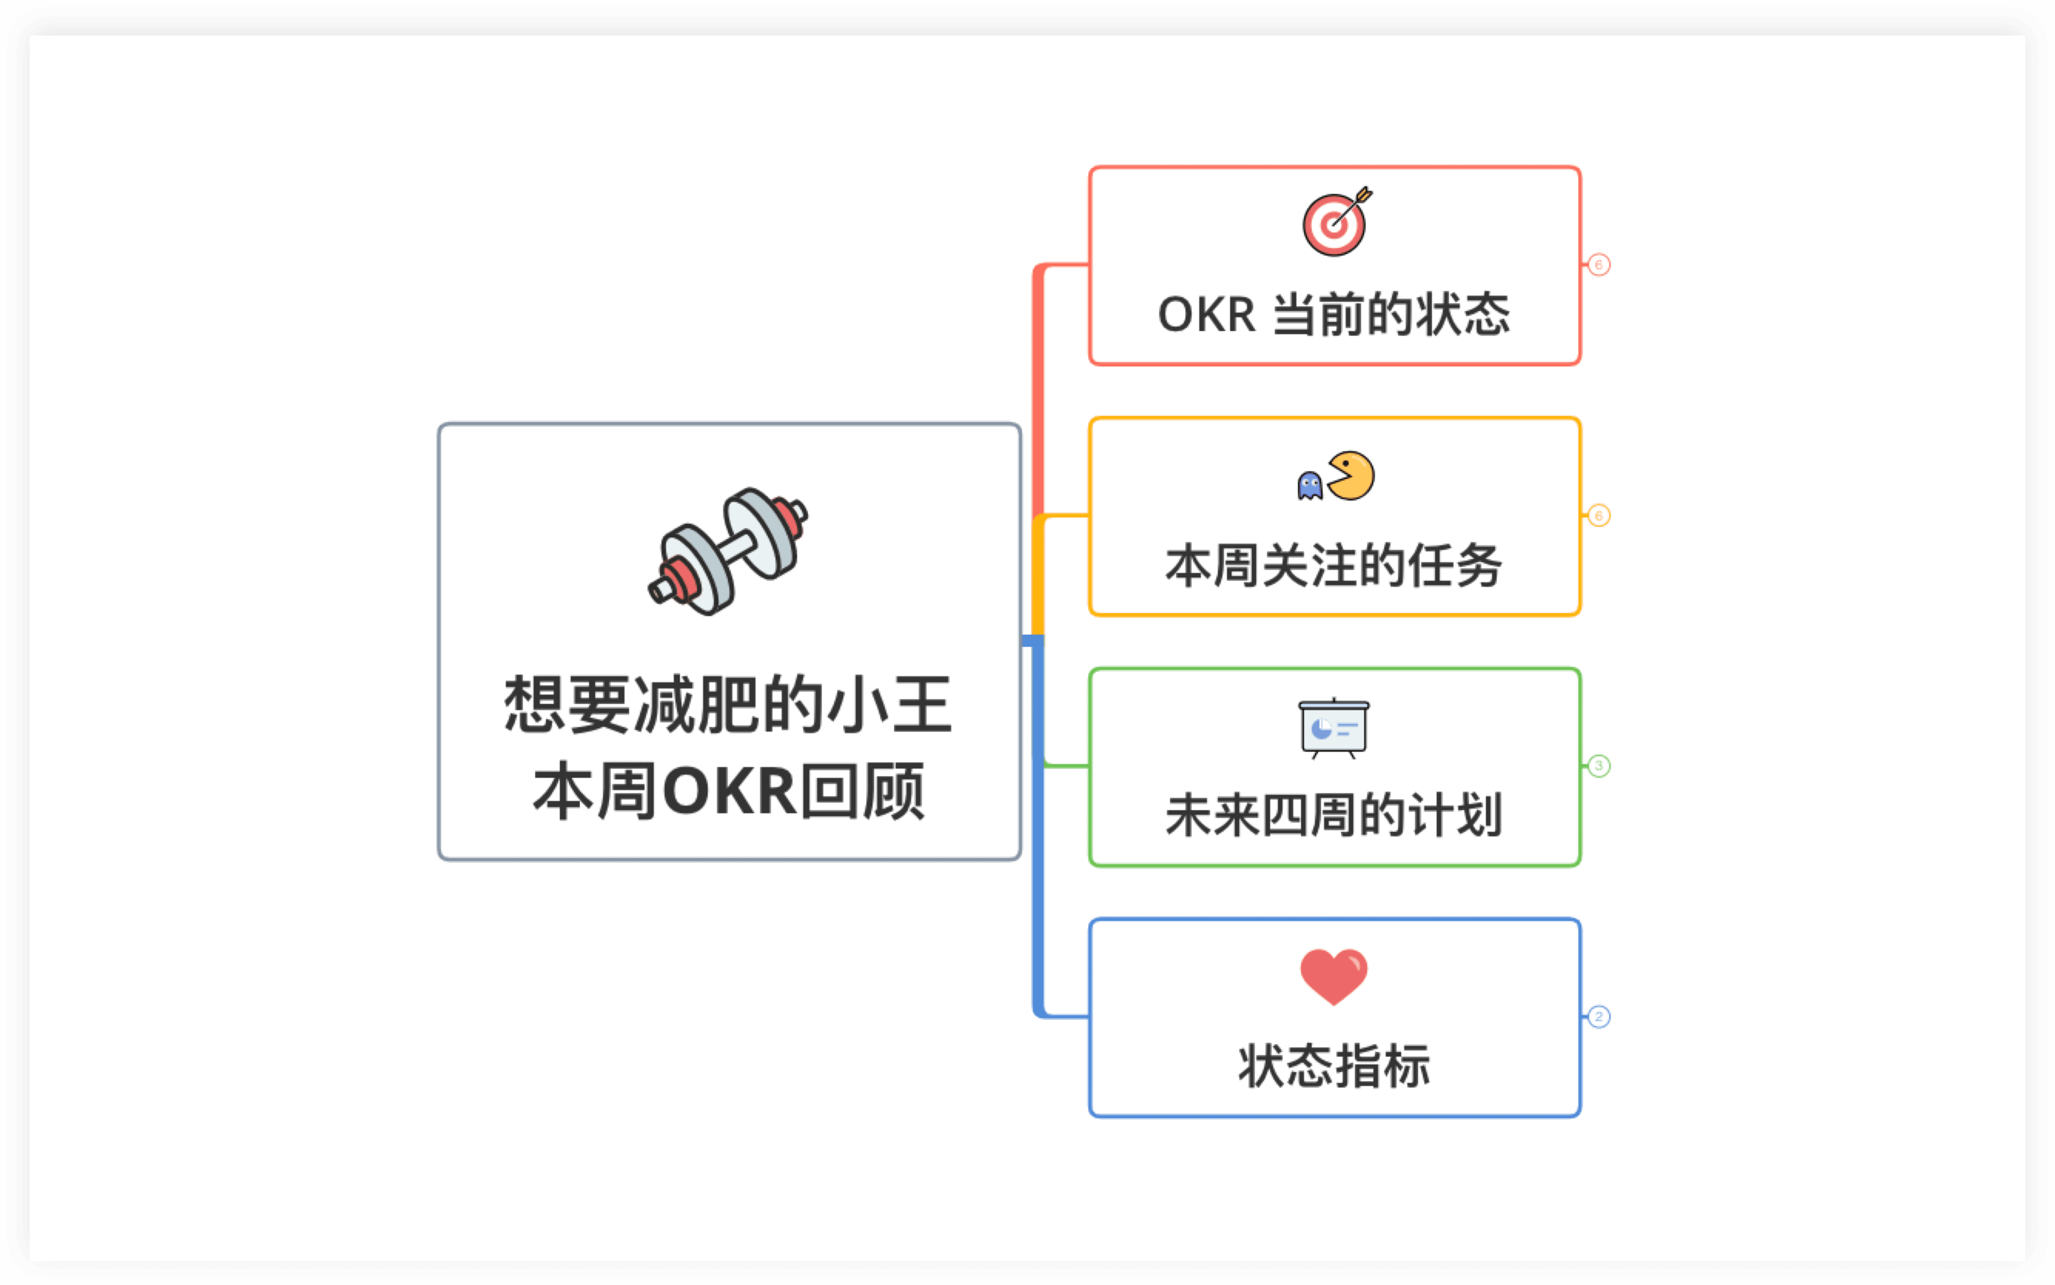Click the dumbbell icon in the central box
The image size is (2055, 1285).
[x=728, y=551]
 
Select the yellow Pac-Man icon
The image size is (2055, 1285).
[x=1351, y=476]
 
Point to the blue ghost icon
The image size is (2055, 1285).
[x=1310, y=486]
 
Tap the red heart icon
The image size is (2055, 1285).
[x=1333, y=976]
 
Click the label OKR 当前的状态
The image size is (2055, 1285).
[x=1333, y=315]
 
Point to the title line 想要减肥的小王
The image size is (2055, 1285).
[x=728, y=705]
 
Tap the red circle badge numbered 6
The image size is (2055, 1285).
[x=1598, y=265]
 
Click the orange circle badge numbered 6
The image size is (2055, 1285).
[x=1598, y=516]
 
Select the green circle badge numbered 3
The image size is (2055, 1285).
[x=1598, y=766]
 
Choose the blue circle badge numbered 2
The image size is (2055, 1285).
[x=1598, y=1016]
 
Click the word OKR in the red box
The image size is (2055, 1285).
[x=1206, y=315]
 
